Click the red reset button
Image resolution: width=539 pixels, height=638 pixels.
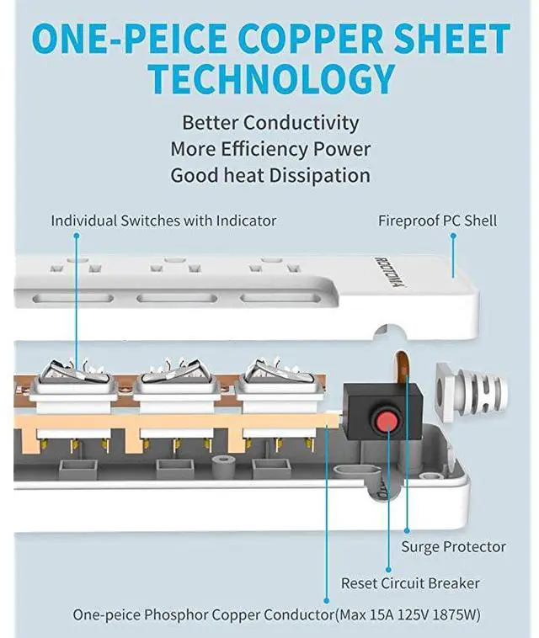click(x=387, y=419)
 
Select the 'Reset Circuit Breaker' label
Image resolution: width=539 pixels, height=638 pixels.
click(x=410, y=583)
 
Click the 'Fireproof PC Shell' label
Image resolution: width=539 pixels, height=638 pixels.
click(x=437, y=221)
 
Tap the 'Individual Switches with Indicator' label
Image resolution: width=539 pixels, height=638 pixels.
click(x=163, y=221)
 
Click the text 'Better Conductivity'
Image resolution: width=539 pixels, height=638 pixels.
click(x=270, y=122)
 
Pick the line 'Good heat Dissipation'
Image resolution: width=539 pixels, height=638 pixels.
click(x=270, y=176)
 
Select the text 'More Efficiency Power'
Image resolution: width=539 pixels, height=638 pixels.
click(x=270, y=149)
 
